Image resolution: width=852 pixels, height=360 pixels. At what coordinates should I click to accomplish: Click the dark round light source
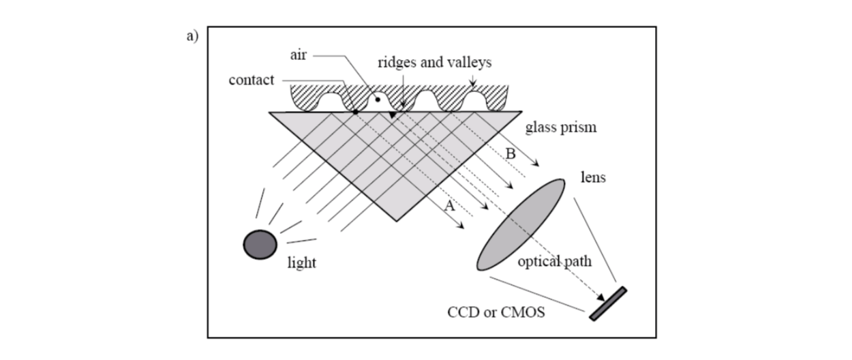[260, 245]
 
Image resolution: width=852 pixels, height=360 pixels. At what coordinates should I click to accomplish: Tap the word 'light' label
[302, 262]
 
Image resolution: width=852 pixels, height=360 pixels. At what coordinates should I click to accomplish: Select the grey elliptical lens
[521, 224]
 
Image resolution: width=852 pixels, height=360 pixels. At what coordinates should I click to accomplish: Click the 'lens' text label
[593, 177]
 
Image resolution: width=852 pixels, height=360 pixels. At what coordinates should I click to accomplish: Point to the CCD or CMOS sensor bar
[608, 303]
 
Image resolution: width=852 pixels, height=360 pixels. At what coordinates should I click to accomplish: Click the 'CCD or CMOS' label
[496, 312]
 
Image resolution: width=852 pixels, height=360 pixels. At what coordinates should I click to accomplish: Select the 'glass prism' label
[561, 127]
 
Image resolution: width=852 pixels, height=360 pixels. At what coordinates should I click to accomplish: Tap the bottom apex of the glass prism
[396, 221]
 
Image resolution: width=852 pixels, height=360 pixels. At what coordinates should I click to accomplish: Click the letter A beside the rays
[450, 206]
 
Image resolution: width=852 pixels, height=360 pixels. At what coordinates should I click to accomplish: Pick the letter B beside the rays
[511, 153]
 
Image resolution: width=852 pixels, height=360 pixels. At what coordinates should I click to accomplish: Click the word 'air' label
[299, 55]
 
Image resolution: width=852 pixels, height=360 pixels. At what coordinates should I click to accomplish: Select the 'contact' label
[252, 80]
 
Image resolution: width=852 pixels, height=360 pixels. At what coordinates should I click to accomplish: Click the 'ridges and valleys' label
[434, 63]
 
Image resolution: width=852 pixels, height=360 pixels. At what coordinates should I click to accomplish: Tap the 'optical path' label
[555, 261]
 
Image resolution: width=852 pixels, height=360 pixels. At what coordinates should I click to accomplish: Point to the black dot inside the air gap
[378, 100]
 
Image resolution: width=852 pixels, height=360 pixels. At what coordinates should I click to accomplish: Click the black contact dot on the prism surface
[355, 112]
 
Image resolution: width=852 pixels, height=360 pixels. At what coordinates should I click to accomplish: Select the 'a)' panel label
[192, 36]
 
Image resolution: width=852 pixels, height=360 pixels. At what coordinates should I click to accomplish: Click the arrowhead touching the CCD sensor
[600, 297]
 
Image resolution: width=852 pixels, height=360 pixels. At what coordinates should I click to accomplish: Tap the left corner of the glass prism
[269, 112]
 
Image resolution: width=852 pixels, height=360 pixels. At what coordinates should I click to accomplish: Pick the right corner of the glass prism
[522, 112]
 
